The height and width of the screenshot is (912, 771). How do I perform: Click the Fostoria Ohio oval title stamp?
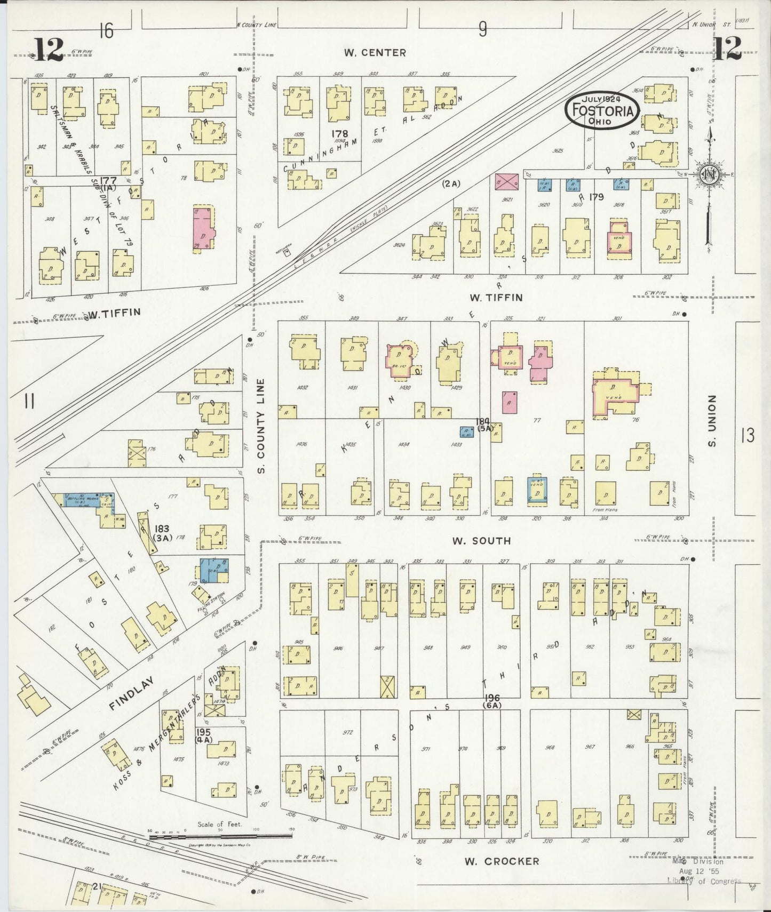603,110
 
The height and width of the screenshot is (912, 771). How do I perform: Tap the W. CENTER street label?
375,53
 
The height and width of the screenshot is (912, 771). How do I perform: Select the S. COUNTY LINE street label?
261,426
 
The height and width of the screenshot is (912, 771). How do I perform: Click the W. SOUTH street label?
481,541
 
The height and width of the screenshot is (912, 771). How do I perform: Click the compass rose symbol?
709,175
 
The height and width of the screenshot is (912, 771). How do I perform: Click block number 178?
339,133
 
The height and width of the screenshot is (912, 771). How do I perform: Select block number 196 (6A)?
492,701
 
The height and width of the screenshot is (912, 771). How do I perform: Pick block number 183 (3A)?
162,533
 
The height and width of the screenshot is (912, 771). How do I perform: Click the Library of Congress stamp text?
703,881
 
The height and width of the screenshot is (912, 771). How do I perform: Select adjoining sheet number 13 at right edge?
747,436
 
